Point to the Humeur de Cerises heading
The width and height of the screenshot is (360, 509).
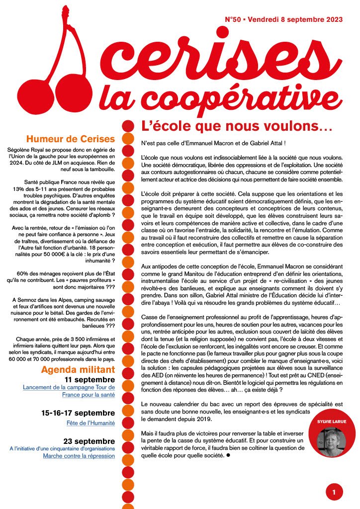(x=70, y=139)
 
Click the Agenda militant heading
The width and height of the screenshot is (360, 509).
(x=78, y=369)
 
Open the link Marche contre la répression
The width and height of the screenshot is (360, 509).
(x=76, y=456)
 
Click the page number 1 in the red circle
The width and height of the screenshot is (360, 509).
(x=334, y=492)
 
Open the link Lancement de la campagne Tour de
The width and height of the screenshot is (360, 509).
(x=69, y=387)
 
